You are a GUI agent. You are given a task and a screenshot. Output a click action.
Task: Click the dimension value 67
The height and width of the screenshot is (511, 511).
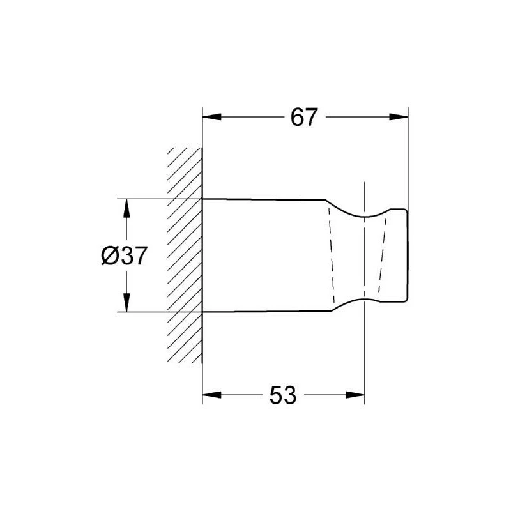tap(304, 117)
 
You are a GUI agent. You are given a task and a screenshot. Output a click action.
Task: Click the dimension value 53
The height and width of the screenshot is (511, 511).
tap(283, 395)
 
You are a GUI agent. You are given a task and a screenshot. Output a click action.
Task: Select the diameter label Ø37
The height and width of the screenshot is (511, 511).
tap(124, 256)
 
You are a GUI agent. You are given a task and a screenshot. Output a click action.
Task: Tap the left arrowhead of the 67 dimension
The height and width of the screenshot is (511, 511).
tap(212, 117)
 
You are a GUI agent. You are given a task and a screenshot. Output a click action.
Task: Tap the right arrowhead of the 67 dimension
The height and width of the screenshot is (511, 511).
tap(399, 117)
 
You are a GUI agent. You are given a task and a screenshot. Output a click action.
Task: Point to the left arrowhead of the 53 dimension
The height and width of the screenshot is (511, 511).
tap(212, 395)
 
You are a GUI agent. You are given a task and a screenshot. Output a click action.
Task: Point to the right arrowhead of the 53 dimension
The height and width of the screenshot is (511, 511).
tap(355, 395)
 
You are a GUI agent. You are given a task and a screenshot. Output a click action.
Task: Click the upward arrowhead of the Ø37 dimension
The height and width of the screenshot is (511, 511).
tap(126, 208)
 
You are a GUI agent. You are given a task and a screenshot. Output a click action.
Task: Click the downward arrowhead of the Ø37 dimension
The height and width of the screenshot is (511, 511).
tap(126, 302)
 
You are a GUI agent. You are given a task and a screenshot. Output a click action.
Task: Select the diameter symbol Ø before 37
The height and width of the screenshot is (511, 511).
tap(109, 256)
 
